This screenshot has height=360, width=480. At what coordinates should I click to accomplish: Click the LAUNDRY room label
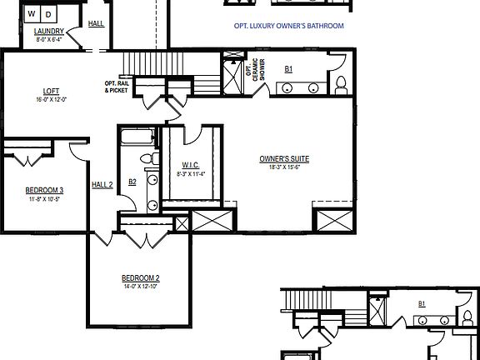pyautogui.click(x=48, y=32)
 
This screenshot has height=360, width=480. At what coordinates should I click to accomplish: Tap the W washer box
pyautogui.click(x=31, y=14)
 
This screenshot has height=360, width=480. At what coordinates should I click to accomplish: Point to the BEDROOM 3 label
pyautogui.click(x=44, y=190)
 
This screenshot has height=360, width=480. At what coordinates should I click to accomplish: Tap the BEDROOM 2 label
pyautogui.click(x=140, y=277)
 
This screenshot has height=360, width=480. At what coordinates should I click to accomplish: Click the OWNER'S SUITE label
pyautogui.click(x=279, y=158)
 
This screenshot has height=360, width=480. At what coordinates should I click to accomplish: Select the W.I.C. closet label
pyautogui.click(x=190, y=166)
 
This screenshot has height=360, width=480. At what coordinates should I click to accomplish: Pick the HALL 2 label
pyautogui.click(x=102, y=184)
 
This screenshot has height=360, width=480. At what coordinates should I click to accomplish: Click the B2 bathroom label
pyautogui.click(x=132, y=182)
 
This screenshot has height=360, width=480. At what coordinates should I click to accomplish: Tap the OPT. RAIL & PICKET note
pyautogui.click(x=117, y=87)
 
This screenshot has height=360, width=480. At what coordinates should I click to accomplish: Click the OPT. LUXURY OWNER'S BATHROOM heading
pyautogui.click(x=288, y=26)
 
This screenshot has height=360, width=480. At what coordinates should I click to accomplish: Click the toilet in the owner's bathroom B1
pyautogui.click(x=339, y=83)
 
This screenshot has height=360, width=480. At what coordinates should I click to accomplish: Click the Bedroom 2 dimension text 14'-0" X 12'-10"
pyautogui.click(x=140, y=286)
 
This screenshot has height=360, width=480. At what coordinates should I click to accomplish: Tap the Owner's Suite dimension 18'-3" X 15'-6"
pyautogui.click(x=279, y=167)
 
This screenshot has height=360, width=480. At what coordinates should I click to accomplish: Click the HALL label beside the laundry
pyautogui.click(x=97, y=23)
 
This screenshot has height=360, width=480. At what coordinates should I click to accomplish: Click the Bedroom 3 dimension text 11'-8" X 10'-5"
pyautogui.click(x=44, y=198)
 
